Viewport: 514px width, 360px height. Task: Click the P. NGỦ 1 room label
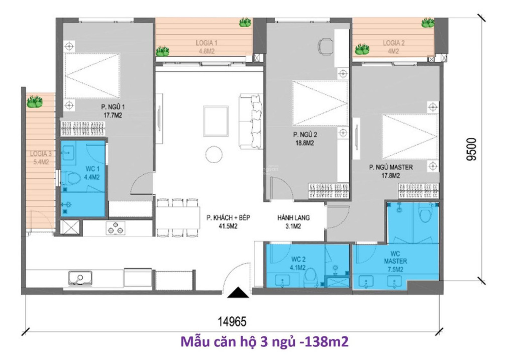[x=113, y=109]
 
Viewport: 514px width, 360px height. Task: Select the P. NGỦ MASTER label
[x=390, y=171]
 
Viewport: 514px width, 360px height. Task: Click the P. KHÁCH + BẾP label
[x=228, y=222]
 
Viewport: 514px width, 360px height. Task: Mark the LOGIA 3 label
[x=39, y=158]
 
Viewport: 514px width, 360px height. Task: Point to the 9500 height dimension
[x=471, y=149]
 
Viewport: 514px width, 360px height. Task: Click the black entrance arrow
[x=238, y=292]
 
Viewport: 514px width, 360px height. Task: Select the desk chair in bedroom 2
[x=327, y=46]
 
